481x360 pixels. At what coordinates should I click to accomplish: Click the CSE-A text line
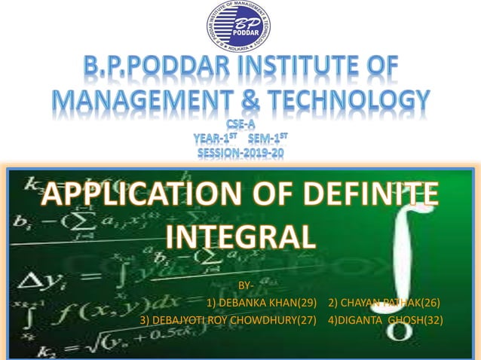pos(240,123)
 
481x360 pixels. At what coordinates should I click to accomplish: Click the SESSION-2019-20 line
pos(240,153)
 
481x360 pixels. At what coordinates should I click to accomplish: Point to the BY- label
pos(245,286)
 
